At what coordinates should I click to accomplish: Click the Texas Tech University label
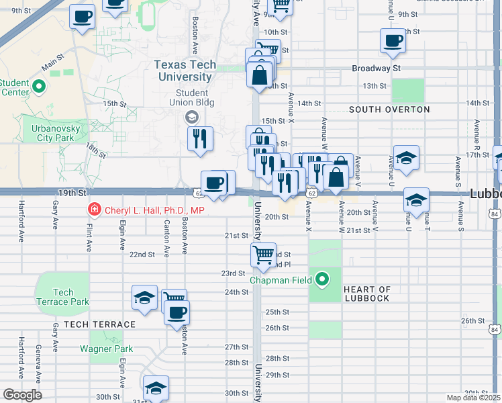pyautogui.click(x=185, y=71)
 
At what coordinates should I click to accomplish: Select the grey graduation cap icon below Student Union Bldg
pyautogui.click(x=191, y=118)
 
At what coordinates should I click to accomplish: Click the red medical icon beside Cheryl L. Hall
pyautogui.click(x=95, y=210)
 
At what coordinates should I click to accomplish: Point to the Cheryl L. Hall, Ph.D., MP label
pyautogui.click(x=154, y=210)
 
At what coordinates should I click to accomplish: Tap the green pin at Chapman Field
pyautogui.click(x=323, y=279)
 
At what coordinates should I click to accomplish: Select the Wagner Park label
pyautogui.click(x=106, y=349)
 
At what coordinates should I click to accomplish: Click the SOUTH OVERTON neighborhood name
pyautogui.click(x=389, y=109)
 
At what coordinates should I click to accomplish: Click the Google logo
pyautogui.click(x=22, y=394)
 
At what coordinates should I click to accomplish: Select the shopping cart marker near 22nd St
pyautogui.click(x=263, y=255)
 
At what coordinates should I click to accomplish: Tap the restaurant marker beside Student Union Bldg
pyautogui.click(x=199, y=139)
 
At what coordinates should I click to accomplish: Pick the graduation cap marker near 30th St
pyautogui.click(x=156, y=388)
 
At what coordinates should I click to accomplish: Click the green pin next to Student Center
pyautogui.click(x=38, y=86)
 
